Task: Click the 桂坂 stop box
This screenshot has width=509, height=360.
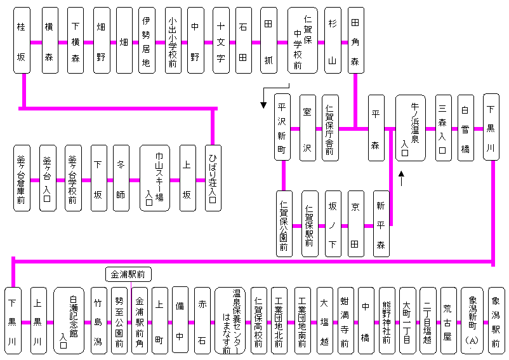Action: coord(23,41)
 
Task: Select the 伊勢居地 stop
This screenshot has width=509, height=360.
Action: coord(147,41)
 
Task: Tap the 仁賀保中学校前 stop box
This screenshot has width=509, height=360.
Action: coord(302,41)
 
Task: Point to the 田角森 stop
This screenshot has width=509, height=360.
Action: coord(355,41)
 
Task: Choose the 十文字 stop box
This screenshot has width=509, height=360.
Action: coord(220,41)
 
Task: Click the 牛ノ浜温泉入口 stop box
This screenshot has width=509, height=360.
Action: coord(410,128)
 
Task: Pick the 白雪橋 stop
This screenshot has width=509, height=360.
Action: coord(466,128)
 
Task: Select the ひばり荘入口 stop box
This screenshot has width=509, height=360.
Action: coord(212,178)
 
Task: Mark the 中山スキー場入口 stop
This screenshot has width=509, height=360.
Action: coord(155,178)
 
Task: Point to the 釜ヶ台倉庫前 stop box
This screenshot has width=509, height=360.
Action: coord(22,178)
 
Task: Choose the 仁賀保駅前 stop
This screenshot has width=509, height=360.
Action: coord(310,223)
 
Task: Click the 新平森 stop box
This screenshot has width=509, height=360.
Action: coord(381,223)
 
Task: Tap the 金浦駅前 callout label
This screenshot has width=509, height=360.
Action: coord(128,274)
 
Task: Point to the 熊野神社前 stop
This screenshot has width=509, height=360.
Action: coord(387,320)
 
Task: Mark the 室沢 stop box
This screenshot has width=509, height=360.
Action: coord(308,128)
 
